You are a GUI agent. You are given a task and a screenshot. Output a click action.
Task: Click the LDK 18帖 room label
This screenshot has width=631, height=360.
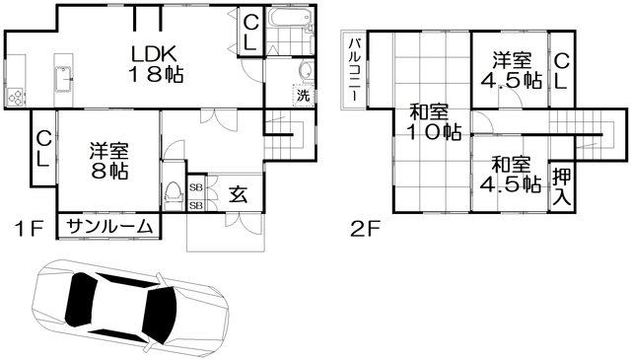(156, 64)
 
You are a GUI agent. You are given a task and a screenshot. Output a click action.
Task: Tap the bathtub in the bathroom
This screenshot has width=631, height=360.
(290, 18)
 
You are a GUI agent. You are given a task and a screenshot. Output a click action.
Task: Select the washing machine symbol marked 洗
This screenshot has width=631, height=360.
(303, 95)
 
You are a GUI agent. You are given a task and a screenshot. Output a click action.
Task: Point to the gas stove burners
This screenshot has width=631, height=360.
(16, 97)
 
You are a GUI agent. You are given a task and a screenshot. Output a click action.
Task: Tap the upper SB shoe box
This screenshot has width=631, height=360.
(196, 187)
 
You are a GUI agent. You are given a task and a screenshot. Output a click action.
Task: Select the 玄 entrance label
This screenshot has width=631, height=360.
(239, 195)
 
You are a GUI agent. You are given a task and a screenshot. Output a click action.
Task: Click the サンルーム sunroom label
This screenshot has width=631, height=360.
(109, 227)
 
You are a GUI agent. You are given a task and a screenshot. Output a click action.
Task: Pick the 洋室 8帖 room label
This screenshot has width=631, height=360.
(109, 161)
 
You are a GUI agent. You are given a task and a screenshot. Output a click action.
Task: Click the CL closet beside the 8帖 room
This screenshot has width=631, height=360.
(43, 150)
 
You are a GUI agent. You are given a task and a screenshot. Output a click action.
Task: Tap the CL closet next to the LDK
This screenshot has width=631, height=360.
(251, 34)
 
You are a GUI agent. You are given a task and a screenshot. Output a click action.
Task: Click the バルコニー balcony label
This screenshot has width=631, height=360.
(354, 69)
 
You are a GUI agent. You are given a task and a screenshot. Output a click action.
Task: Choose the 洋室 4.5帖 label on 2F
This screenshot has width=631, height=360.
(512, 70)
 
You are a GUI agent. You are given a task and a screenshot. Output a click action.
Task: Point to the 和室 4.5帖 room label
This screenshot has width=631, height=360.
(511, 174)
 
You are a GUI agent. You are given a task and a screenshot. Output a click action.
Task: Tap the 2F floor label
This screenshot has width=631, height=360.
(365, 230)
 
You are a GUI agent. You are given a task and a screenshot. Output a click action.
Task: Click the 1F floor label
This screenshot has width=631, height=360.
(29, 230)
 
